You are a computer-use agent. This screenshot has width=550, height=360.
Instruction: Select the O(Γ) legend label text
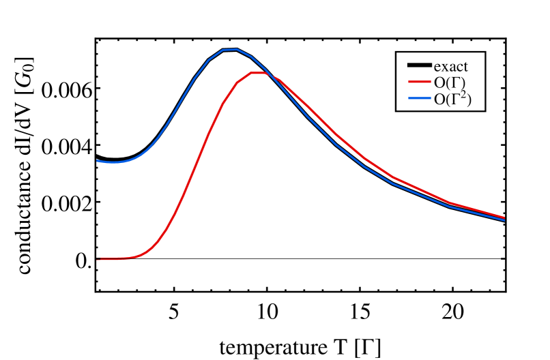point(450,82)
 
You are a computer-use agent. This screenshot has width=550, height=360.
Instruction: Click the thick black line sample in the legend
point(419,66)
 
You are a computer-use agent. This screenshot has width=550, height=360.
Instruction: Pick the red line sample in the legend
point(419,82)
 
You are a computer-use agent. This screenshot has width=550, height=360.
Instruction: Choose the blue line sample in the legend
point(419,100)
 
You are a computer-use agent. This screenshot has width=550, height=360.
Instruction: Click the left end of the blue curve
point(98,161)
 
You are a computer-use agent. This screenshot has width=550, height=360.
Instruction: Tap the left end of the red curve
point(98,259)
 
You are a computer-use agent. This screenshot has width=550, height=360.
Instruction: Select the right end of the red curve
point(504,217)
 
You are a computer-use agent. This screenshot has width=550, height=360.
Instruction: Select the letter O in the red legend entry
point(439,82)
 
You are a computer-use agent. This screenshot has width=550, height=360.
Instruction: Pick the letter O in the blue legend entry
point(439,100)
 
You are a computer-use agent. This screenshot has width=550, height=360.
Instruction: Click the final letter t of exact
point(465,67)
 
